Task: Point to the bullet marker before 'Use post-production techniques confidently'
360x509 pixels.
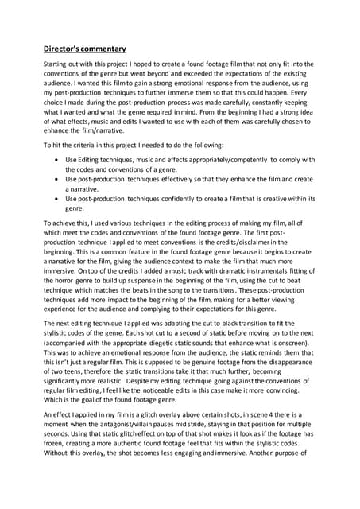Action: [x=55, y=198]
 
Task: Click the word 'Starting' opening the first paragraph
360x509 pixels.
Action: [x=56, y=64]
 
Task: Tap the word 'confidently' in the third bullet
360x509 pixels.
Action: [x=184, y=198]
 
